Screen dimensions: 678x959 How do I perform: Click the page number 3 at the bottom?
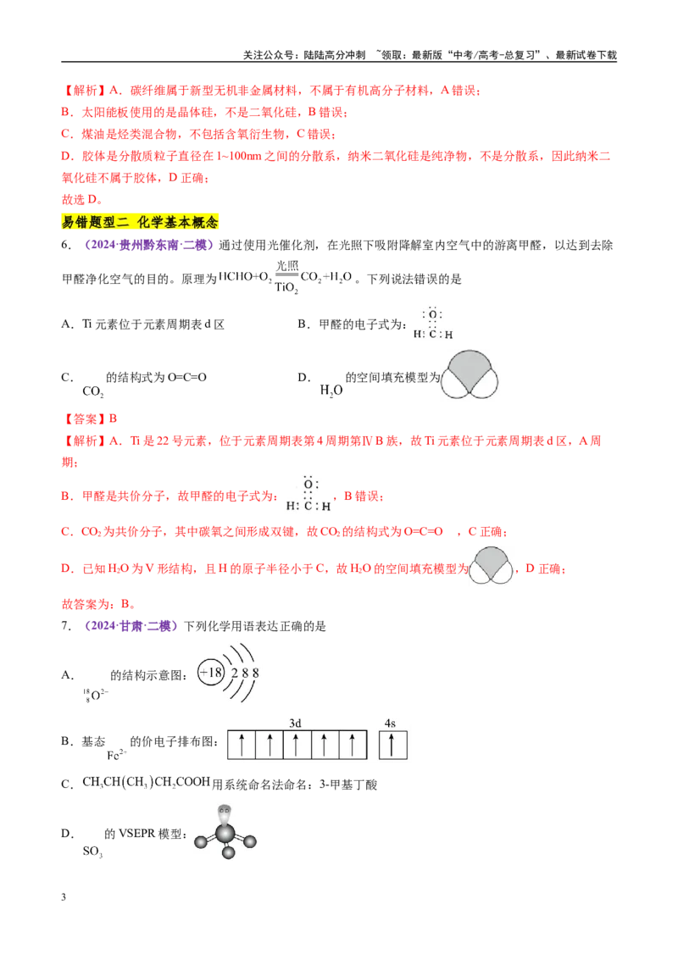click(x=64, y=897)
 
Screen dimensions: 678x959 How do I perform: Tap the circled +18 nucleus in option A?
click(x=210, y=674)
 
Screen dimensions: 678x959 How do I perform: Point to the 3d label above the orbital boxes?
click(x=295, y=723)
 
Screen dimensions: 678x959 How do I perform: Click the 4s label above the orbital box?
click(x=391, y=723)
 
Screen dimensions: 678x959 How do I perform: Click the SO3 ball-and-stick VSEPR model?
click(x=225, y=832)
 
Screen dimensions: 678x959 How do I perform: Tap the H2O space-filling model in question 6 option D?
click(x=470, y=374)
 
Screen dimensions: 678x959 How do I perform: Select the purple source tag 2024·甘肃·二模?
click(x=131, y=626)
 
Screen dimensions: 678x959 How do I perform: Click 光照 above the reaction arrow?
click(x=287, y=265)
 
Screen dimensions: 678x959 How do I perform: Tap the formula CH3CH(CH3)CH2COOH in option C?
click(x=147, y=783)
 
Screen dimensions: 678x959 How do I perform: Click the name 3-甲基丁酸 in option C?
click(x=348, y=784)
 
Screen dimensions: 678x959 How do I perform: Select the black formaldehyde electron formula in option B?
click(x=432, y=323)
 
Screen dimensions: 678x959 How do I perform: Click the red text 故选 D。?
click(x=82, y=199)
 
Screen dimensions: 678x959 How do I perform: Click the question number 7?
click(x=66, y=626)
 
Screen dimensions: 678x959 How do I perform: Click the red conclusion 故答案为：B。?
click(x=98, y=604)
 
